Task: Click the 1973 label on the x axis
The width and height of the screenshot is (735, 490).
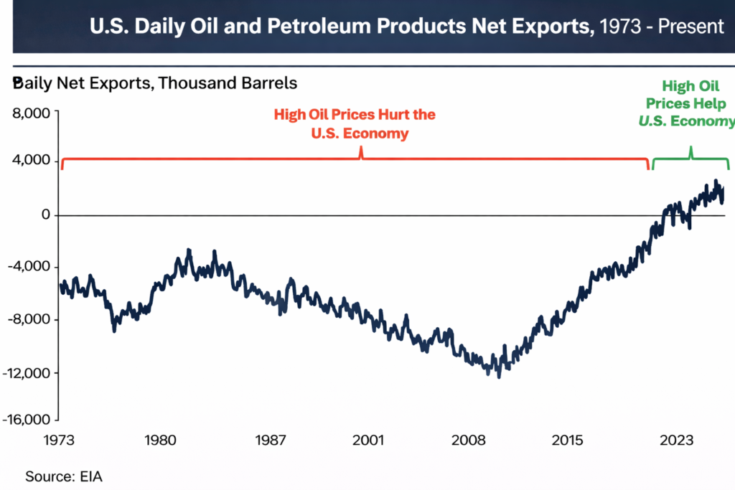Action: pyautogui.click(x=58, y=440)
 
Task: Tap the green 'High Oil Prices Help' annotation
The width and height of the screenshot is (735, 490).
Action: pyautogui.click(x=688, y=104)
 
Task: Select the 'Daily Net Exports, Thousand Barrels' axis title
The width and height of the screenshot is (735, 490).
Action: pyautogui.click(x=155, y=83)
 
